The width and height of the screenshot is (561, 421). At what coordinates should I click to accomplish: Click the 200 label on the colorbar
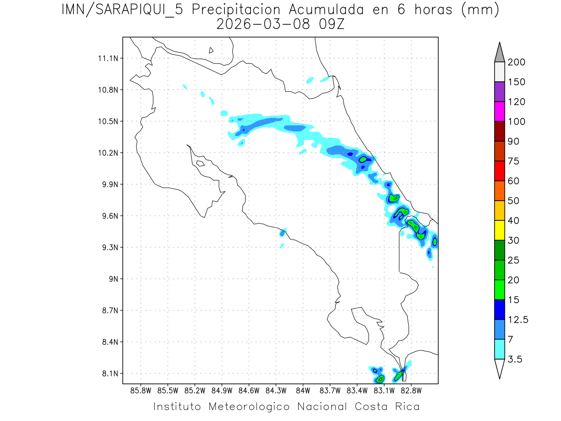[517, 62]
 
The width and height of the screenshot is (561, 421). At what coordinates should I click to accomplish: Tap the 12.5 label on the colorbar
[518, 320]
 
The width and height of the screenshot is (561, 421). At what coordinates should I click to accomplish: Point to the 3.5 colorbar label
[515, 359]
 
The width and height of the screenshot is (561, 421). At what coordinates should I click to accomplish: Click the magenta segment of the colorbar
[499, 111]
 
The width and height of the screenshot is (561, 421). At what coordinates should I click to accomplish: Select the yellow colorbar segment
[499, 230]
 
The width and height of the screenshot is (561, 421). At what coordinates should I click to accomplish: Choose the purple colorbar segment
[499, 92]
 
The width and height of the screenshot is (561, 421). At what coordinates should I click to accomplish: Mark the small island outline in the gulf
[200, 163]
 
